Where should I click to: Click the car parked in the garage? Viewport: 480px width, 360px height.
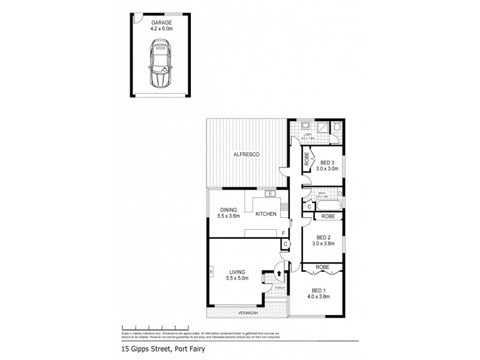tap(160, 64)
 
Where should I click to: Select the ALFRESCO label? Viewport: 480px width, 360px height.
tap(246, 155)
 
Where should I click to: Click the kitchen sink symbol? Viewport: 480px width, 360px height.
tap(270, 193)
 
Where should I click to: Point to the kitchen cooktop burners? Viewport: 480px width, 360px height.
tap(284, 208)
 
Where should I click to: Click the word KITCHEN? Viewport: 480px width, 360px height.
tap(265, 214)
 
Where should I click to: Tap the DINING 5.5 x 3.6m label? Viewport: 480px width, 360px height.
tap(227, 213)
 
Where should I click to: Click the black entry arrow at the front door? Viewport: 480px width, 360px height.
tap(279, 274)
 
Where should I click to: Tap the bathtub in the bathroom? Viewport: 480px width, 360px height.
tap(323, 206)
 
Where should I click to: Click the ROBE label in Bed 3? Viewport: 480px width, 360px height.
tap(306, 160)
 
